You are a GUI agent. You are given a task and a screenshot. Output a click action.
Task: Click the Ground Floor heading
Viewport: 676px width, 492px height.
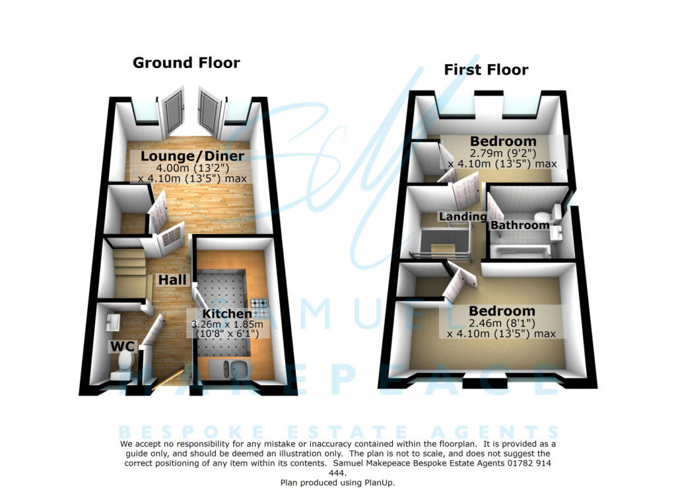point(186,63)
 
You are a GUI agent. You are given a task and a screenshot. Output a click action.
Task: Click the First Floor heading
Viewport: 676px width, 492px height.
point(486,69)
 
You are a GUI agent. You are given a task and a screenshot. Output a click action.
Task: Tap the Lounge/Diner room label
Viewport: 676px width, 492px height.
point(192,157)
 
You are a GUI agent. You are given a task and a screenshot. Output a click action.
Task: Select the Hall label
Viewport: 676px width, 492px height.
point(170,280)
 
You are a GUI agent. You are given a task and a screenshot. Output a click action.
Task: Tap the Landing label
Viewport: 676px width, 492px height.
point(463,217)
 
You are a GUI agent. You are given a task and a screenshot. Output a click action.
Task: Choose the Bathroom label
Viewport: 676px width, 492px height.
point(520,225)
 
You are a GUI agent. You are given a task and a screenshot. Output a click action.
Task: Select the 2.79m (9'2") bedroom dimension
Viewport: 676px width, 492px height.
point(502,153)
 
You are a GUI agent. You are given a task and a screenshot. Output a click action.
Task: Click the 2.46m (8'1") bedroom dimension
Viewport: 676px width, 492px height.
point(502,323)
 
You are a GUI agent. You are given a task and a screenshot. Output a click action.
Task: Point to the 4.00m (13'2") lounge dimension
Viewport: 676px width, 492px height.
point(192,168)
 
